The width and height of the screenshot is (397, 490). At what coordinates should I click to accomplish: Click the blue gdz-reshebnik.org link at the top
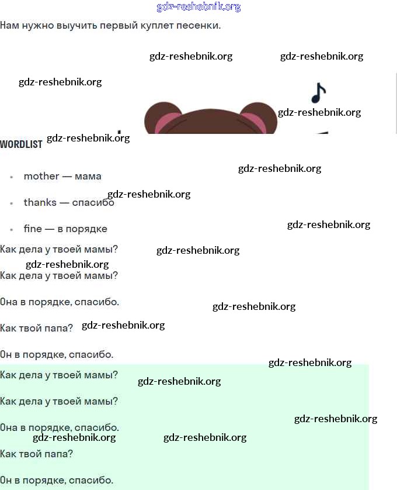[198, 7]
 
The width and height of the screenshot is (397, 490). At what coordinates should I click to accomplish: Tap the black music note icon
[318, 93]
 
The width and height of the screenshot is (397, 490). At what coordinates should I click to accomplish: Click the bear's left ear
[163, 118]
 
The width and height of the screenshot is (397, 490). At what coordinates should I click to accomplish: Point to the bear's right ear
[259, 118]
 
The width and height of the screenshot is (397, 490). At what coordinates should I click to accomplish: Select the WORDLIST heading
[21, 144]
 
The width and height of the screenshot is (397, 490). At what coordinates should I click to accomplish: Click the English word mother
[41, 176]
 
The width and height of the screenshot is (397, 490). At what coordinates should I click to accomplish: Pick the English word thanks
[40, 202]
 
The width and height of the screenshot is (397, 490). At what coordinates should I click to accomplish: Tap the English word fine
[33, 229]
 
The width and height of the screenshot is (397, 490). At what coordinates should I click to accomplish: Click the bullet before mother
[12, 177]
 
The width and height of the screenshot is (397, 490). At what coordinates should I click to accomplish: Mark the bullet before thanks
[12, 203]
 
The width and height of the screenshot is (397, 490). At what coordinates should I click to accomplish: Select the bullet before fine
[12, 229]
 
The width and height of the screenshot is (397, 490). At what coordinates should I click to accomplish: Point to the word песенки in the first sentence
[198, 25]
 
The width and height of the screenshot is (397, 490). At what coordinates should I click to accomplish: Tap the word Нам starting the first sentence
[9, 25]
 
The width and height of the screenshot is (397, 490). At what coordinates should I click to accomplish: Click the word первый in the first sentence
[114, 25]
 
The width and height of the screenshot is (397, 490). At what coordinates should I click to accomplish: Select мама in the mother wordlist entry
[88, 177]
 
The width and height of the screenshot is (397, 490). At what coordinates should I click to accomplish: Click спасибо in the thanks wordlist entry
[93, 202]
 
